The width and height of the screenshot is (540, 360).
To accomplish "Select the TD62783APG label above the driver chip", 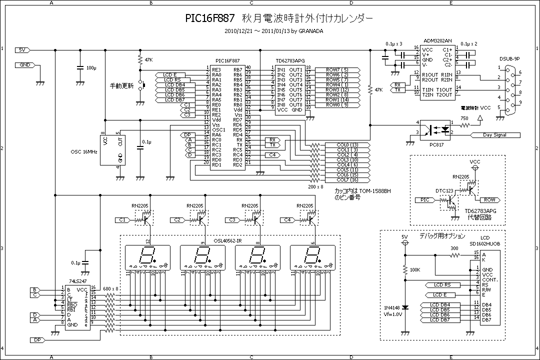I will [x=290, y=59].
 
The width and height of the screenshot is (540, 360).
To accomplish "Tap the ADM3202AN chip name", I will [x=437, y=40].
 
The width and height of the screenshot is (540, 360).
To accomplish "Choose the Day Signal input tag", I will [x=494, y=135].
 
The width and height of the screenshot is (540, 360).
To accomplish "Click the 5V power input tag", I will [x=22, y=50].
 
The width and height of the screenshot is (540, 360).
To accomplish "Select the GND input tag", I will [x=23, y=65].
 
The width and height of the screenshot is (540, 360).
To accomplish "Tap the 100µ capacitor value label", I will [x=91, y=67].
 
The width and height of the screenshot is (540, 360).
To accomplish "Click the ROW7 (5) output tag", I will [x=339, y=69].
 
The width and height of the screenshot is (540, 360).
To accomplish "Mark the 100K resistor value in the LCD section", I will [x=414, y=270].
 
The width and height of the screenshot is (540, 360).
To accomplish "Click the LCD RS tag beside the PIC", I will [x=171, y=80].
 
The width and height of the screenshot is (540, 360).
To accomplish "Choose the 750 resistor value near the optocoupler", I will [x=464, y=118].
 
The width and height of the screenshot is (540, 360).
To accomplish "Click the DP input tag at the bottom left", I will [x=37, y=340].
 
